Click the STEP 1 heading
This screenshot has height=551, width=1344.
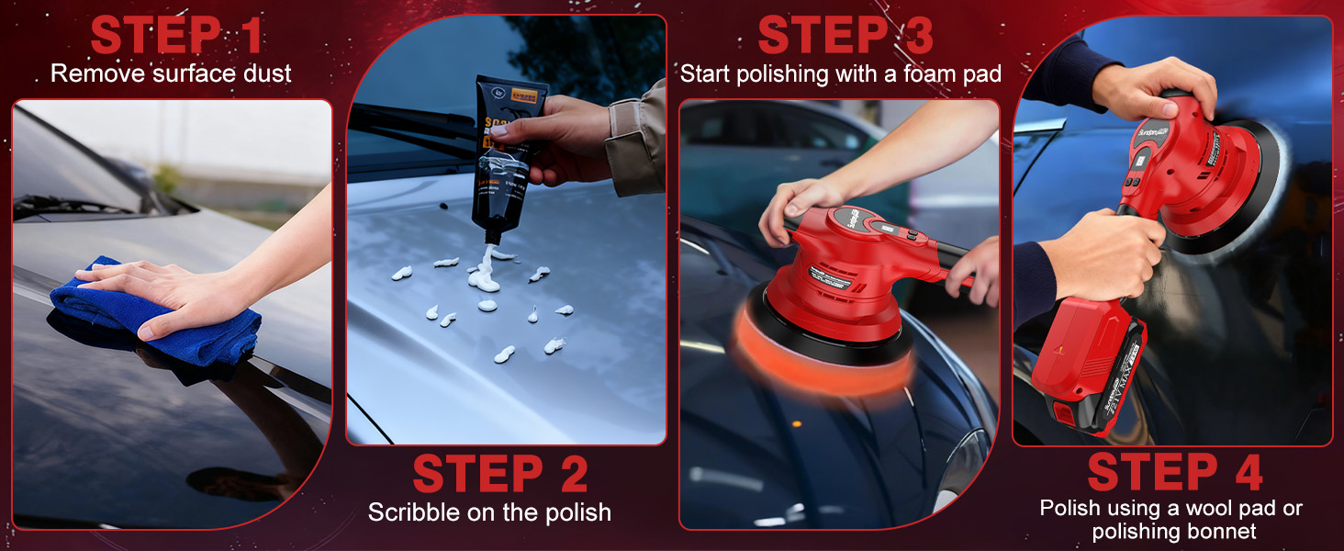(x=176, y=35)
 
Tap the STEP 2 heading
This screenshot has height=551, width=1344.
(x=500, y=474)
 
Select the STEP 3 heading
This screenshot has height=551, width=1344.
(x=845, y=35)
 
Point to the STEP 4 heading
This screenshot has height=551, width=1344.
(x=1174, y=472)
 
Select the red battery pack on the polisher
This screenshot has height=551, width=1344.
(x=1088, y=367)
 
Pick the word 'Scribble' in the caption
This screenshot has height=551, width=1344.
(x=409, y=512)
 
